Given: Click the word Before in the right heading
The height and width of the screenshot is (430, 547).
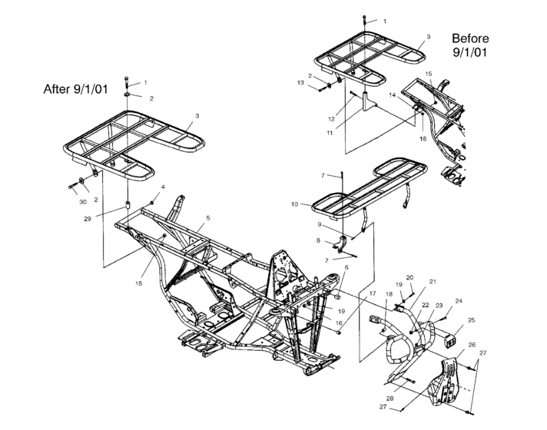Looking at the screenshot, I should [x=469, y=38].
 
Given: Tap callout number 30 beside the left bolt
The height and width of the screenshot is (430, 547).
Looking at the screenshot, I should [x=82, y=202].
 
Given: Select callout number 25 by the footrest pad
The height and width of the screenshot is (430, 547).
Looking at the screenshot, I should [x=471, y=319].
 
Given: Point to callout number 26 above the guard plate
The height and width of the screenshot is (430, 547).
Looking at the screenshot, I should [x=471, y=345].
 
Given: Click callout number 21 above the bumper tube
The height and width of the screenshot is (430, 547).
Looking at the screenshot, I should [x=433, y=282].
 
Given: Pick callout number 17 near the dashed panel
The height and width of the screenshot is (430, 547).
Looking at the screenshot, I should [x=372, y=293].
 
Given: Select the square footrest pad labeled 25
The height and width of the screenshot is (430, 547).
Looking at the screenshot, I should [x=447, y=335].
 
